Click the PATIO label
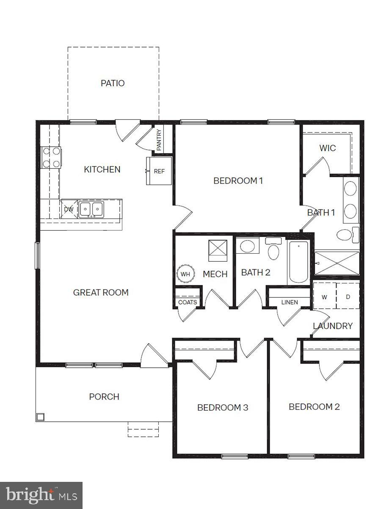[x=113, y=83]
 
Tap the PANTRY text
[x=159, y=140]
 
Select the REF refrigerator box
[x=159, y=171]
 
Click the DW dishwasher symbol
[x=69, y=209]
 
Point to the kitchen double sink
[x=91, y=209]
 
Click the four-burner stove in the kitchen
[x=51, y=157]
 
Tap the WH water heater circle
[x=185, y=274]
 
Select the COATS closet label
[x=188, y=302]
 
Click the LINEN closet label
[x=290, y=302]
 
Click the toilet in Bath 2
[x=274, y=250]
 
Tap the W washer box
[x=324, y=297]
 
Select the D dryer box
[x=348, y=297]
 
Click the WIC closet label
[x=327, y=148]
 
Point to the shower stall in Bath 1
[x=337, y=263]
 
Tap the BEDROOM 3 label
[x=223, y=408]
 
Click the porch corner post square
[x=40, y=417]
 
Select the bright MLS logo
[x=41, y=495]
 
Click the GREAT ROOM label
[x=101, y=293]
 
